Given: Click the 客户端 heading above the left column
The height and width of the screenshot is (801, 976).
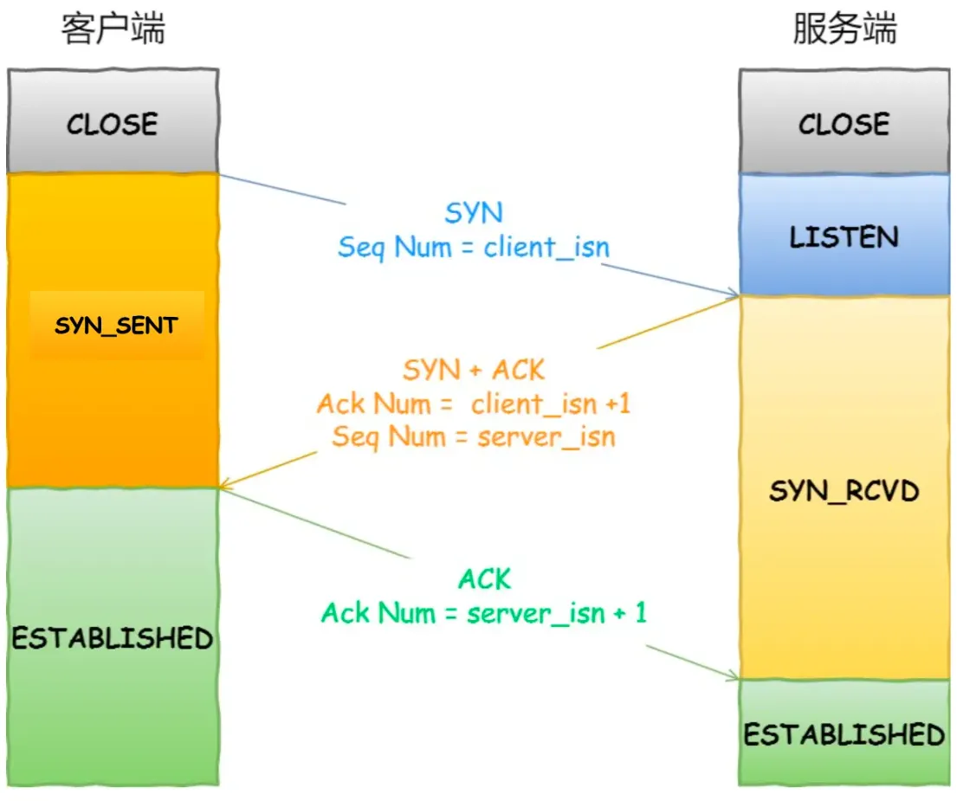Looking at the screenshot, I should [113, 29].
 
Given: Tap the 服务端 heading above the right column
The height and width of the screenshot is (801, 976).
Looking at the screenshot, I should [844, 29].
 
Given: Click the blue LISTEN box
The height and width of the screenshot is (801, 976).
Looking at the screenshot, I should [844, 236].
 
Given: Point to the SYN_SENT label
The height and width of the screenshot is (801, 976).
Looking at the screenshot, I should [116, 326].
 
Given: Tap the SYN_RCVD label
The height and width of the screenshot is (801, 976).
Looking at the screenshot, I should [844, 492].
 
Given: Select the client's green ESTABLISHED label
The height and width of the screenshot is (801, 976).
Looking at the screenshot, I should [113, 638].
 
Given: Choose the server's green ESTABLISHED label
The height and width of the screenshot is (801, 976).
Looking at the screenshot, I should [844, 735].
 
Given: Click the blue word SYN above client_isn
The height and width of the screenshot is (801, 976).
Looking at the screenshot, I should [474, 213].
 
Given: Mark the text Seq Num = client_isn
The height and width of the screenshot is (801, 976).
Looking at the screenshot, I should [474, 248].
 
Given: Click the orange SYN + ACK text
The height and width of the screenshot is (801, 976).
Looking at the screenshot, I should [474, 371].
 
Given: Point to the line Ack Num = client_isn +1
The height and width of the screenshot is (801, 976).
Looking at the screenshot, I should [474, 404].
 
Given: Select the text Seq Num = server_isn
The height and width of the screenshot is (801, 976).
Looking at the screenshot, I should [474, 436].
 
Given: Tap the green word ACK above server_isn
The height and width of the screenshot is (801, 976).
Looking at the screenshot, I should [485, 578].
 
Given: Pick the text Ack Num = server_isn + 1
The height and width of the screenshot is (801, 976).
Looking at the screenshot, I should [484, 614].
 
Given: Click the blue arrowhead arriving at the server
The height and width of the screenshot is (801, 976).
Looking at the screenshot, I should [733, 294].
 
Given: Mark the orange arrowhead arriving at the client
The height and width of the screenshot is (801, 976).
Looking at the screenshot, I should [225, 485].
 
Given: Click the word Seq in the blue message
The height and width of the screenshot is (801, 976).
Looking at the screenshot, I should [359, 248].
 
